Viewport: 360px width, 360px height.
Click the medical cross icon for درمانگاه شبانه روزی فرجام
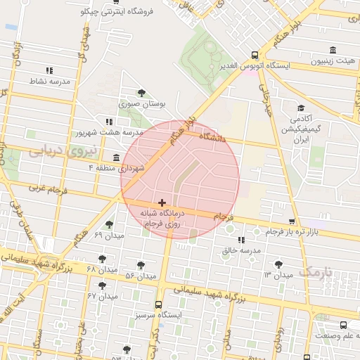point(162,202)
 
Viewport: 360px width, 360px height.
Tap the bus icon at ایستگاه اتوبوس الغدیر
point(255,55)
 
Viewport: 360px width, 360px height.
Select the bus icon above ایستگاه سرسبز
point(158,305)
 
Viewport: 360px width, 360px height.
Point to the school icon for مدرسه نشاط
point(49,70)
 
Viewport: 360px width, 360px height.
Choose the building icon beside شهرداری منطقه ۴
point(116,157)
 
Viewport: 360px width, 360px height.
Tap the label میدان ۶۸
point(101,269)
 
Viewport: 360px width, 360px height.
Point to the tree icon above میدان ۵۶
point(141,264)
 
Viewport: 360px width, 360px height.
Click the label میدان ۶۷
point(101,296)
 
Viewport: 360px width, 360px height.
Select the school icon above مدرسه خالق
point(241,240)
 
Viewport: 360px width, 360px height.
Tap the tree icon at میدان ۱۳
point(279,264)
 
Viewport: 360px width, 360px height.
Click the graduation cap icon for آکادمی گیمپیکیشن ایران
point(301,108)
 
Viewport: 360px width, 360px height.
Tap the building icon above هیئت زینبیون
point(333,50)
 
